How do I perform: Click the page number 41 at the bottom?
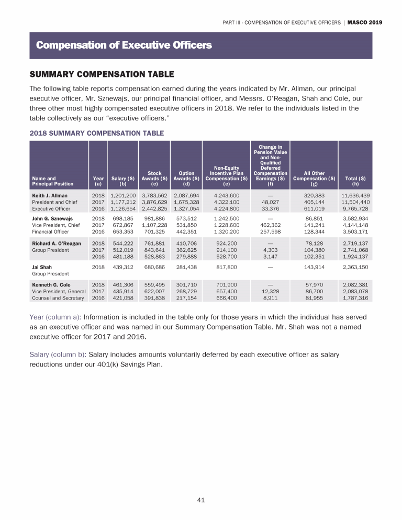(200, 500)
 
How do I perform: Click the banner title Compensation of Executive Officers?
(124, 46)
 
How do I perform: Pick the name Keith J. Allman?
(50, 196)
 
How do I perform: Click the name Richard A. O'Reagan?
(57, 244)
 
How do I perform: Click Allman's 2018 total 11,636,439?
(355, 196)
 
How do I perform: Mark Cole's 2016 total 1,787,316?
(355, 298)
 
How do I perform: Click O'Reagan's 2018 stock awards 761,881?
(154, 244)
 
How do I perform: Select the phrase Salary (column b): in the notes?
(61, 355)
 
